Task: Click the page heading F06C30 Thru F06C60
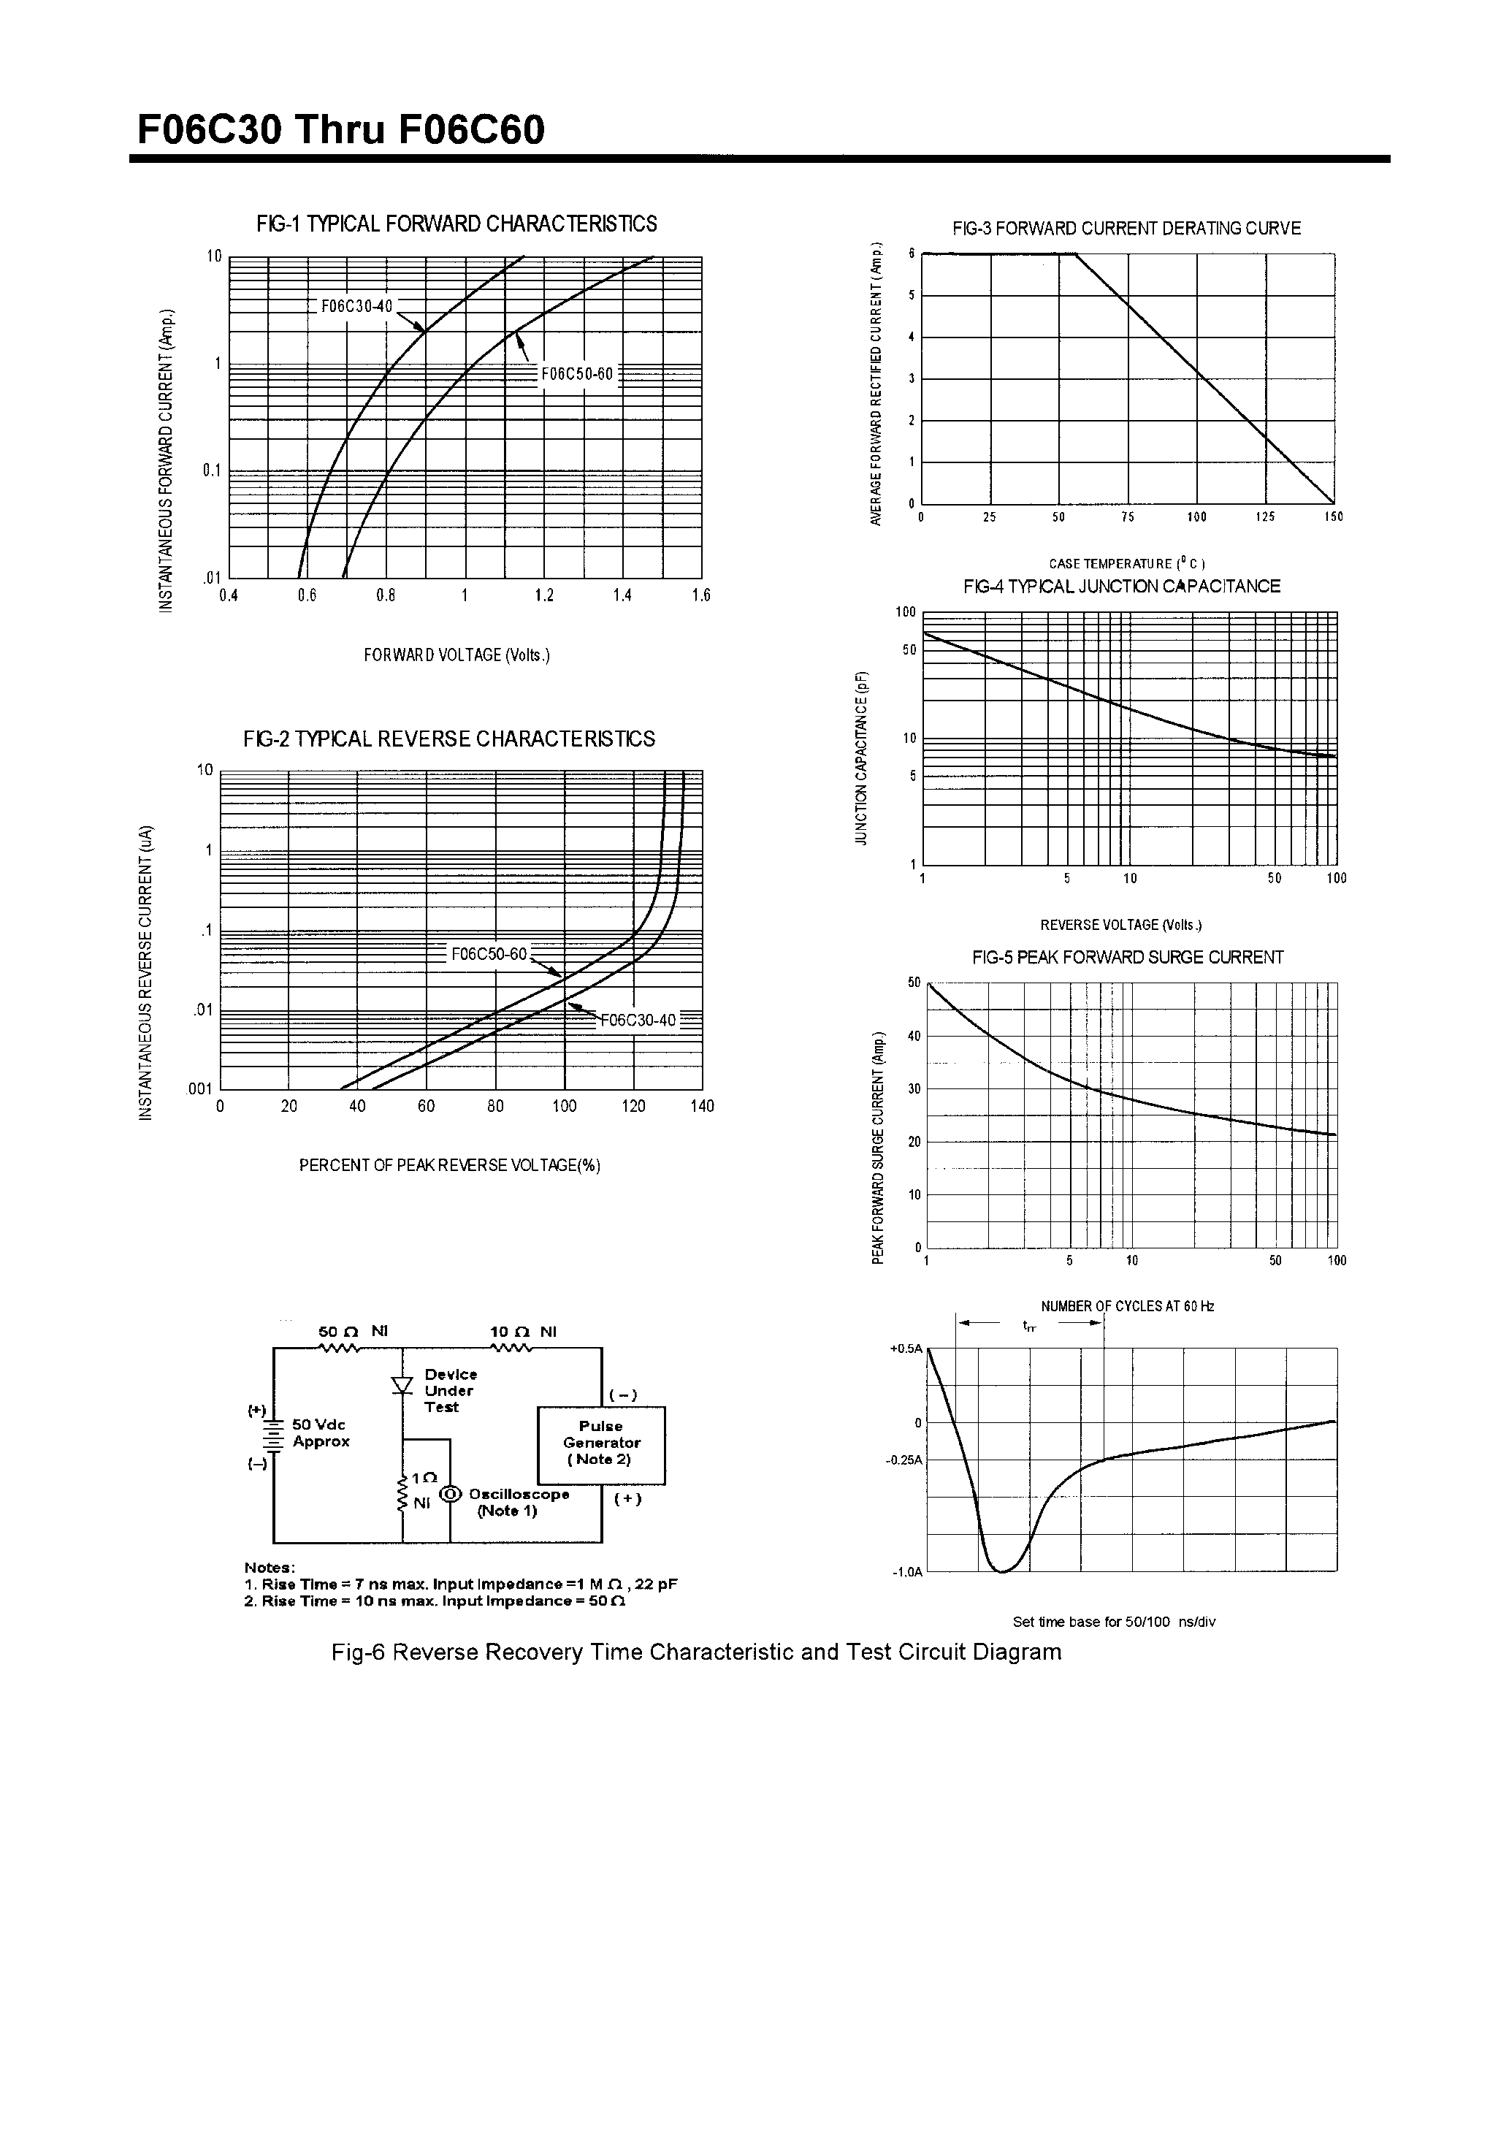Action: coord(340,130)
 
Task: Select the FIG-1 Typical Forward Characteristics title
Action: coord(456,224)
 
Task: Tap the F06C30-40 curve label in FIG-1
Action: coord(357,306)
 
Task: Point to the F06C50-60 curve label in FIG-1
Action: coord(578,374)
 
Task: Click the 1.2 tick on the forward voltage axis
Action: coord(544,596)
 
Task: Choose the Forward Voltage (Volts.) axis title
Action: coord(456,656)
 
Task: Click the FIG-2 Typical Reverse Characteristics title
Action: coord(449,739)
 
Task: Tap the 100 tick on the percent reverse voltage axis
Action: coord(564,1106)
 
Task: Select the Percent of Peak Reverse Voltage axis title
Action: coord(449,1166)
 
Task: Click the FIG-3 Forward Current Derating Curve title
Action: coord(1126,229)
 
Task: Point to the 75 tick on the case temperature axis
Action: coord(1128,517)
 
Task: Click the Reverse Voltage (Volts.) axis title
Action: coord(1121,925)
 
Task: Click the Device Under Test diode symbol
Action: coord(403,1385)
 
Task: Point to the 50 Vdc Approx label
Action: coord(321,1433)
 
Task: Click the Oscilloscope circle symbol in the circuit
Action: coord(450,1494)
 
